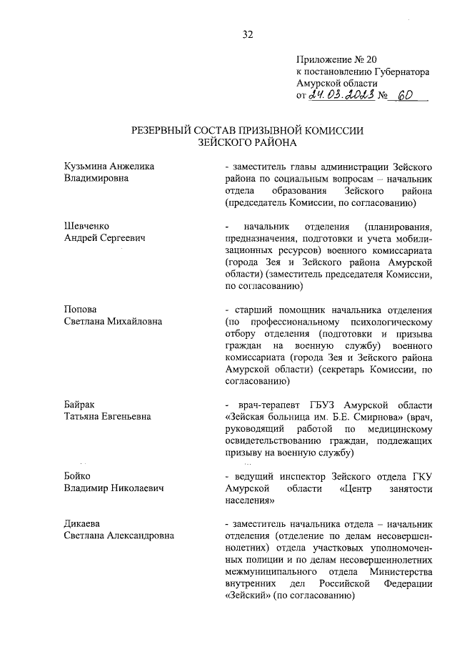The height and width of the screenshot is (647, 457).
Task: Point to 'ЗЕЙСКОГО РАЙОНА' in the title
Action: point(247,143)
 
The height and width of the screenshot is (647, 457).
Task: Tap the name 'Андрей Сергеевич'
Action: point(104,237)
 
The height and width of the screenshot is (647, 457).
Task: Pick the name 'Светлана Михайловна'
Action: point(113,321)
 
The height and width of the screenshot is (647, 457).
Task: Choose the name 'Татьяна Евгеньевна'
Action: point(107,416)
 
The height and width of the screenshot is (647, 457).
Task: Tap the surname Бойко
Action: point(78,475)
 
